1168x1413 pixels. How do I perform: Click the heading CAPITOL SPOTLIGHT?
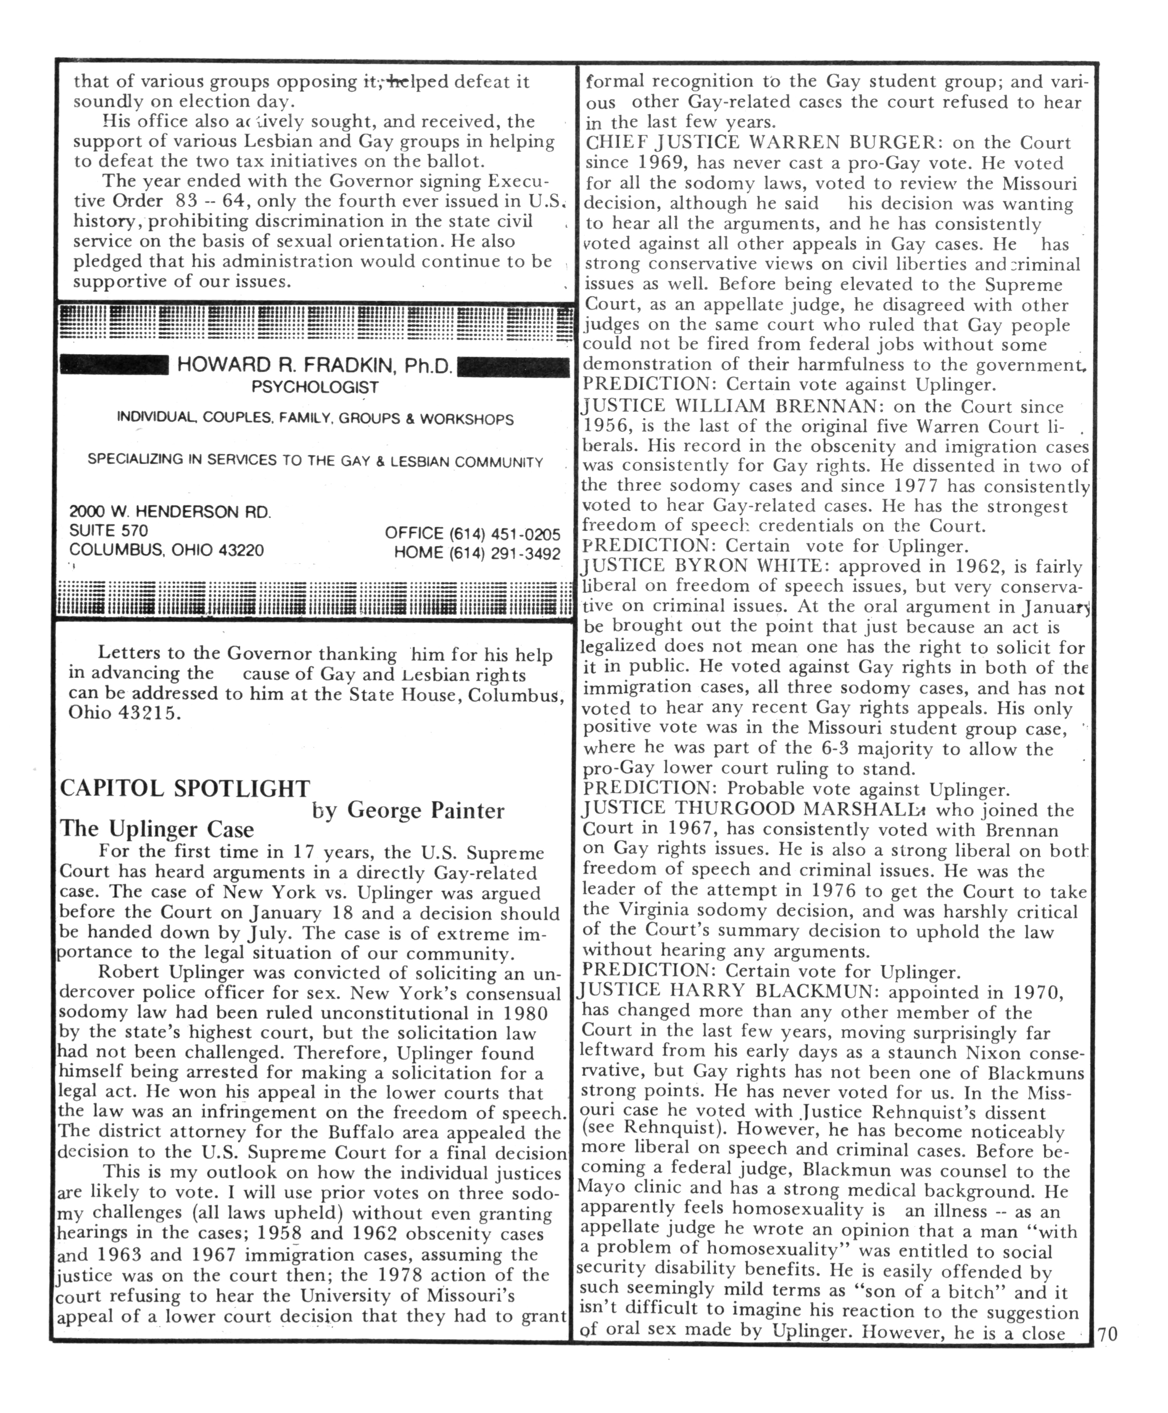[x=186, y=789]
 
